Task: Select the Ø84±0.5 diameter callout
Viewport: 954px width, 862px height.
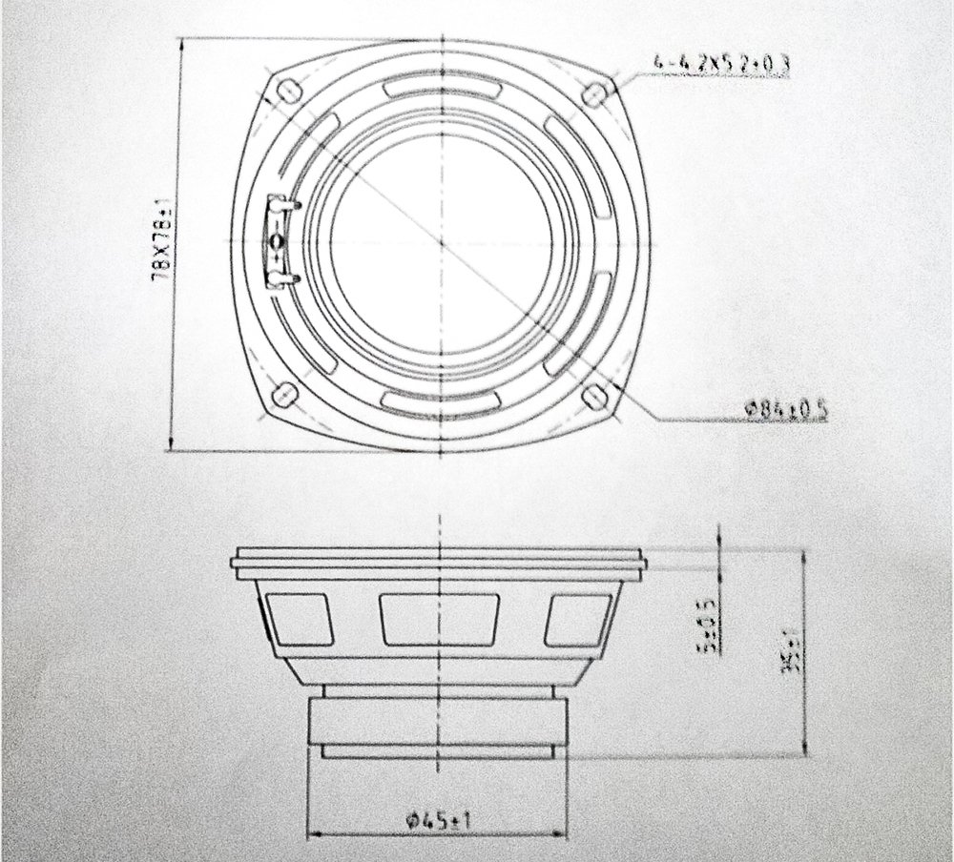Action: click(x=787, y=410)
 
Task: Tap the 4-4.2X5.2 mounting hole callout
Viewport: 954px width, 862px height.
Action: click(x=722, y=65)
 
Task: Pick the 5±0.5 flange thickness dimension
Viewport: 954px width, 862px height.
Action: click(x=707, y=628)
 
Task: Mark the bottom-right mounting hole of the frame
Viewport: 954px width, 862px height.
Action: click(x=593, y=394)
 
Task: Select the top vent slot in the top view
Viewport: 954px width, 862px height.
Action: click(x=442, y=89)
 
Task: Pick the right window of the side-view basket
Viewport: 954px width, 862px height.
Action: click(x=578, y=621)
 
